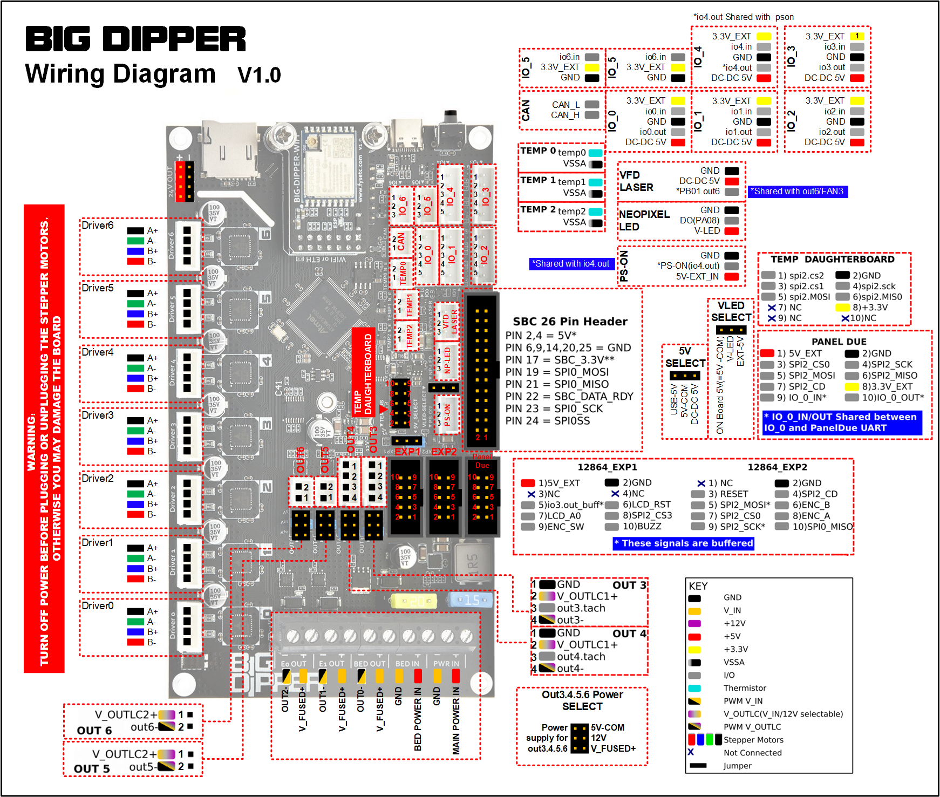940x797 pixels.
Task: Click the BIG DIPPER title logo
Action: (x=135, y=39)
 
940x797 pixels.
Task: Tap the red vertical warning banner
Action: (x=44, y=438)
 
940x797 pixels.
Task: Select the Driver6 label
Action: (x=98, y=226)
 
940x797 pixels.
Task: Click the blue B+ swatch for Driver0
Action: (x=135, y=632)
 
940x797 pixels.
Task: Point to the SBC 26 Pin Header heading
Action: (x=570, y=322)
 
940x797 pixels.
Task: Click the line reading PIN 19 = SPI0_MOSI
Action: (x=557, y=372)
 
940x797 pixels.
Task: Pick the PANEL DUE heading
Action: (x=839, y=342)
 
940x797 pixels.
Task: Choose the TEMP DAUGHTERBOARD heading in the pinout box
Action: (x=832, y=260)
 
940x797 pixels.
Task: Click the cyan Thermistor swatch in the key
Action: (x=694, y=688)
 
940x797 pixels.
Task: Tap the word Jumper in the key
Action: (x=737, y=766)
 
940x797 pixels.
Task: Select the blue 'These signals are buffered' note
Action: (x=684, y=543)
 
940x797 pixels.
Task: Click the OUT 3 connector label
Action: (x=629, y=585)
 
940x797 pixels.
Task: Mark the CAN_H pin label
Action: (x=565, y=115)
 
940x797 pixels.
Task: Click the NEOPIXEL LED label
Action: (x=644, y=221)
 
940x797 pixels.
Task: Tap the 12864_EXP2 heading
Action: (x=777, y=467)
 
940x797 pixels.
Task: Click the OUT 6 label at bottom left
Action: (x=94, y=731)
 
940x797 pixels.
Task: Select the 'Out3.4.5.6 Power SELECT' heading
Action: (x=582, y=700)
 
